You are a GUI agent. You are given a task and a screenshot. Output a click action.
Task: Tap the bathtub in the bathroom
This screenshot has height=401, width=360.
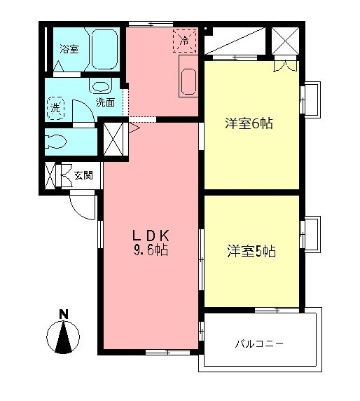[102, 48]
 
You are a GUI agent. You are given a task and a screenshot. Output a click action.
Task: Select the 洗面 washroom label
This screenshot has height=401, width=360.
[106, 102]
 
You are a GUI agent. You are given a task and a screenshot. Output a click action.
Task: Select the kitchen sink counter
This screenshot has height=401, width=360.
[189, 81]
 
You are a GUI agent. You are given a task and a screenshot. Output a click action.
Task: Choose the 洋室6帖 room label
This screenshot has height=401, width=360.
[249, 124]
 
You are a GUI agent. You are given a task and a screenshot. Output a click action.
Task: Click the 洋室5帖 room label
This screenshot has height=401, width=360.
[251, 250]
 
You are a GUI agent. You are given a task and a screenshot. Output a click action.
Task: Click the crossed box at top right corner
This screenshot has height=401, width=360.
[285, 42]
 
